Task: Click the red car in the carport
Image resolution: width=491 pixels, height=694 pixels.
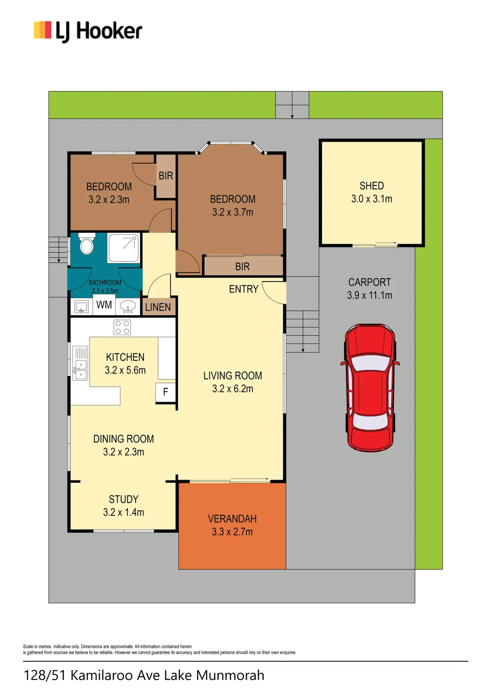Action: point(370,388)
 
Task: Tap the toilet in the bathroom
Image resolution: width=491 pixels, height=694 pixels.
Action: point(87,244)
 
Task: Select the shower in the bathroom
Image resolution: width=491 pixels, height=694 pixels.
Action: point(124,248)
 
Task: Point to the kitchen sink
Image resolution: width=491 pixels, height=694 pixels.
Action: point(80,363)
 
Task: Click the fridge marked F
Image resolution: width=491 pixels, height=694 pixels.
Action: point(165,393)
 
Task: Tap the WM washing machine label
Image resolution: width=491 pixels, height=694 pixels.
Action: point(104,305)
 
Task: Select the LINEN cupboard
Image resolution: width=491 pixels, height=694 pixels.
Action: point(158,307)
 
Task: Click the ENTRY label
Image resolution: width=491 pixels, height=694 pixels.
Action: point(244,289)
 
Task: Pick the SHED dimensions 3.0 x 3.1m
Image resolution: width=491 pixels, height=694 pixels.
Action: point(372,199)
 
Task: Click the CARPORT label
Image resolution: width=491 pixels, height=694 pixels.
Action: point(370,282)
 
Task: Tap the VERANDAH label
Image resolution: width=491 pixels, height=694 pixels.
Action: point(232,519)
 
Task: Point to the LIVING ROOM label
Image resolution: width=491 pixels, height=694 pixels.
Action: point(232,376)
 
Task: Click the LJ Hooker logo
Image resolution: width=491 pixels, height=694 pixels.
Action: point(88,31)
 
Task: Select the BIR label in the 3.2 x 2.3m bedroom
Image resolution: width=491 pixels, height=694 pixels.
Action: point(166,176)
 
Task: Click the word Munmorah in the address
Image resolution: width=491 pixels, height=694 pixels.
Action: point(230,675)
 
